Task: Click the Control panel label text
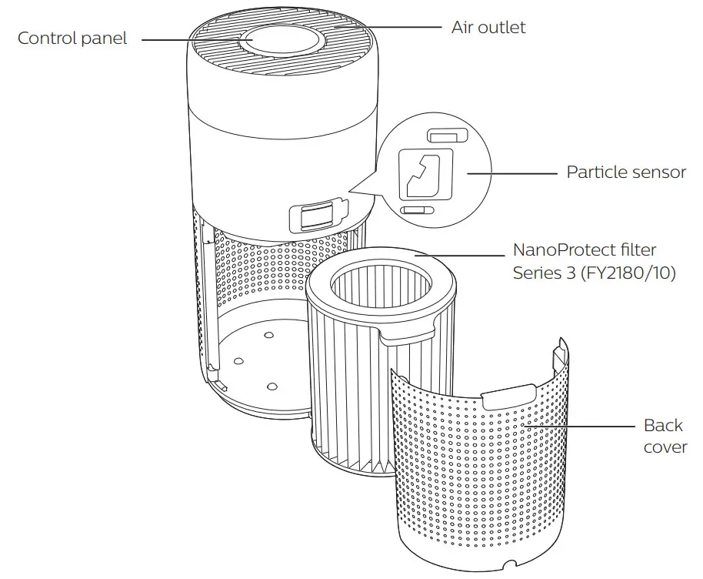72,38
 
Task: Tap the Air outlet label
488,27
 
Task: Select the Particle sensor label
625,172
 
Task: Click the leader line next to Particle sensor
511,172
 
